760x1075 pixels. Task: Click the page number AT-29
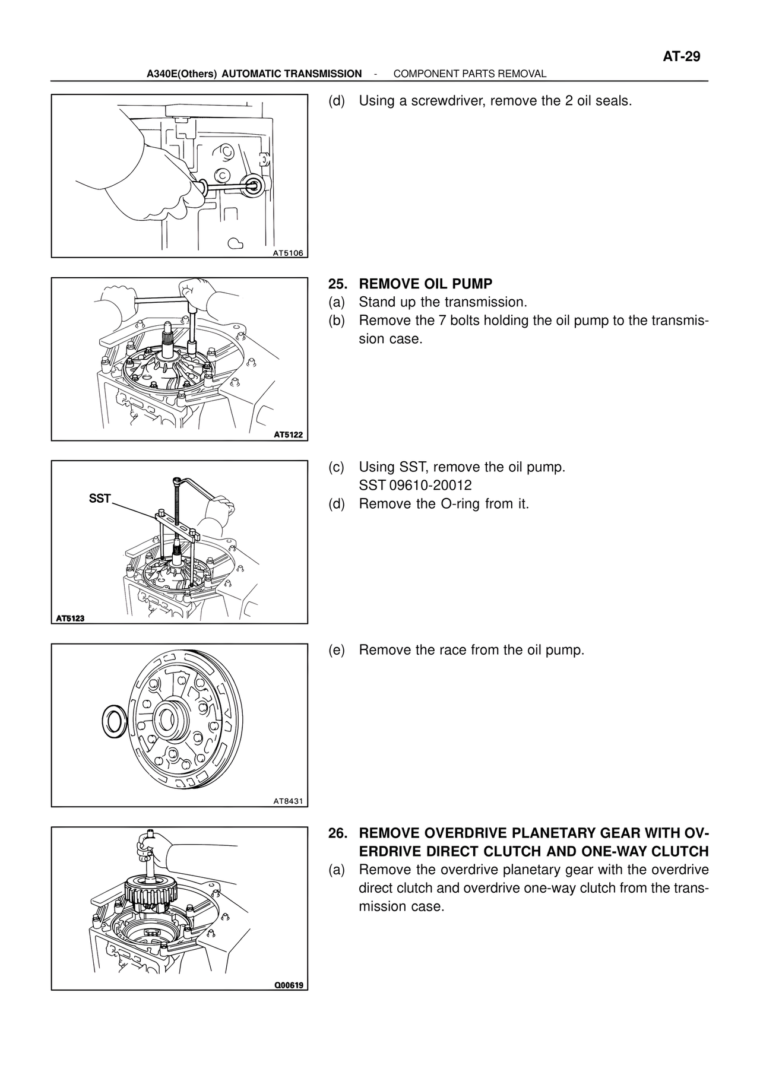click(x=682, y=57)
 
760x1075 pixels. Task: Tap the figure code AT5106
click(x=287, y=253)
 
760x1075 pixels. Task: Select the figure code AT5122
click(x=288, y=435)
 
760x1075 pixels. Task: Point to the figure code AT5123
click(x=70, y=618)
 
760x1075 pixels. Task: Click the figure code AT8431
click(x=287, y=801)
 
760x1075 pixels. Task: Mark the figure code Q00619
click(x=289, y=986)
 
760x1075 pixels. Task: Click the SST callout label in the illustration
click(x=100, y=499)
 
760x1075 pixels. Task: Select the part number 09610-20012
click(x=430, y=486)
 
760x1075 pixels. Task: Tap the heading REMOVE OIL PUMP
click(x=426, y=284)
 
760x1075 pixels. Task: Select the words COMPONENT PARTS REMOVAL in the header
click(x=470, y=74)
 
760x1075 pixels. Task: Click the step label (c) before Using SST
click(x=336, y=467)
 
